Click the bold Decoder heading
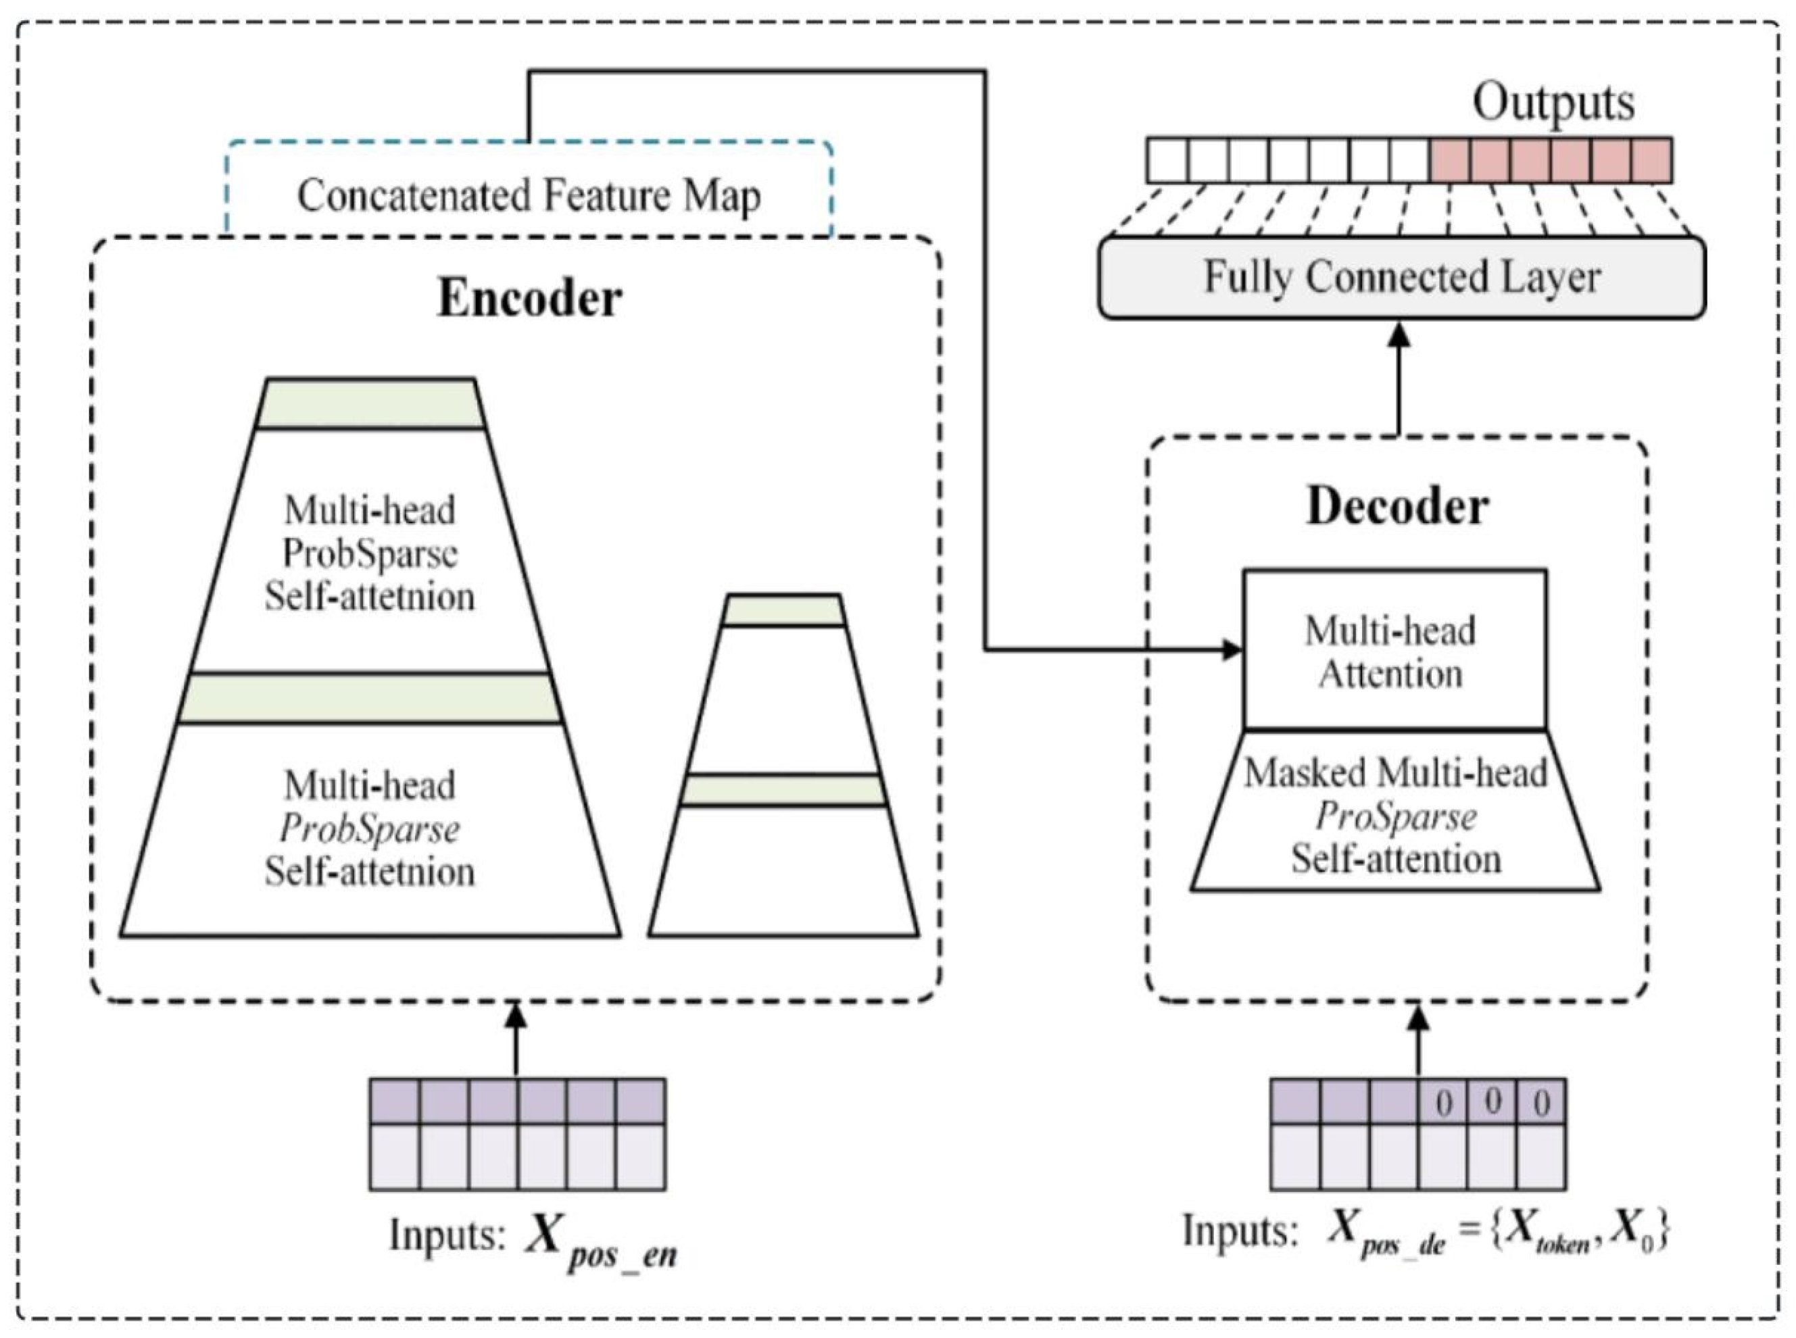pyautogui.click(x=1397, y=507)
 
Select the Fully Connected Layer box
pyautogui.click(x=1401, y=278)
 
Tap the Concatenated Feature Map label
pyautogui.click(x=529, y=196)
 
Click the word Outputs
pyautogui.click(x=1552, y=103)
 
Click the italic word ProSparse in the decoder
pyautogui.click(x=1395, y=816)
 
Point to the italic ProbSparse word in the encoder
pyautogui.click(x=370, y=828)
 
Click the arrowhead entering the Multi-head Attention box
pyautogui.click(x=1232, y=649)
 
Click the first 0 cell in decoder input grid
pyautogui.click(x=1444, y=1102)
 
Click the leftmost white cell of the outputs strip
pyautogui.click(x=1167, y=160)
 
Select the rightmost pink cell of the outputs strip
pyautogui.click(x=1651, y=160)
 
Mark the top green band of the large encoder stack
pyautogui.click(x=370, y=403)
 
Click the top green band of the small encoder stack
pyautogui.click(x=783, y=611)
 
